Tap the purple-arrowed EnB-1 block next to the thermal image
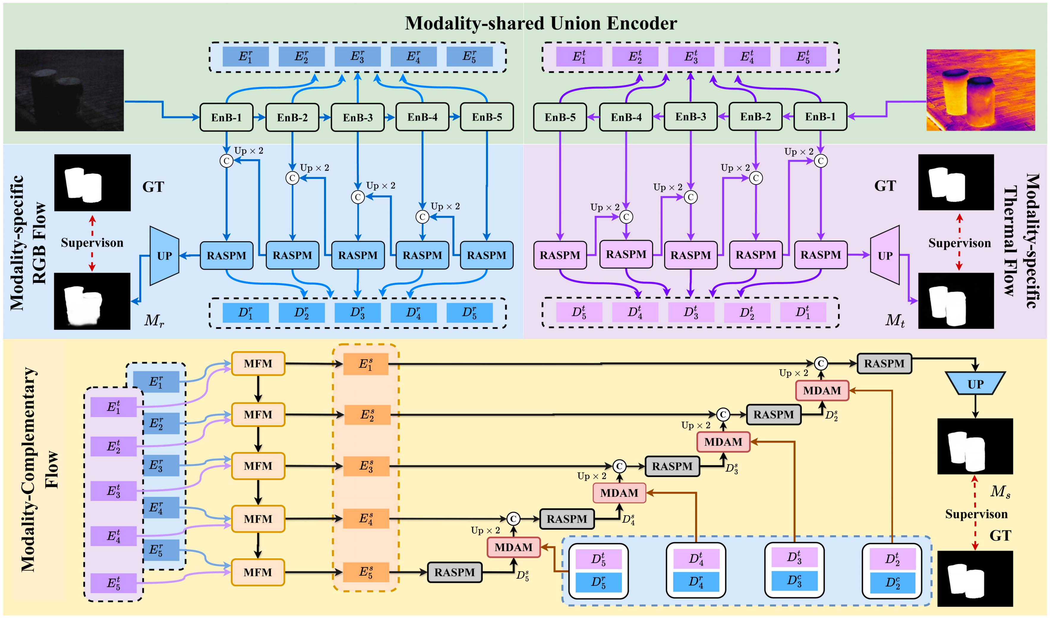pyautogui.click(x=820, y=117)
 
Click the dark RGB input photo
pyautogui.click(x=69, y=90)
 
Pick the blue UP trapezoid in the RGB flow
pyautogui.click(x=164, y=256)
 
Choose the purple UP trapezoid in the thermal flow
pyautogui.click(x=885, y=256)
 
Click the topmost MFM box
pyautogui.click(x=258, y=364)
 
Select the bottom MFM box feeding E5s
pyautogui.click(x=258, y=572)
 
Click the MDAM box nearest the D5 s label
pyautogui.click(x=513, y=547)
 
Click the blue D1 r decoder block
pyautogui.click(x=245, y=313)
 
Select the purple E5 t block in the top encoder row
pyautogui.click(x=803, y=57)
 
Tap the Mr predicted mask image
pyautogui.click(x=92, y=301)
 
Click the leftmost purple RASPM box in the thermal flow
pyautogui.click(x=559, y=255)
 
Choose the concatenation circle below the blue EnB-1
pyautogui.click(x=226, y=161)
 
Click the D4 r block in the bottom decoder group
pyautogui.click(x=696, y=581)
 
